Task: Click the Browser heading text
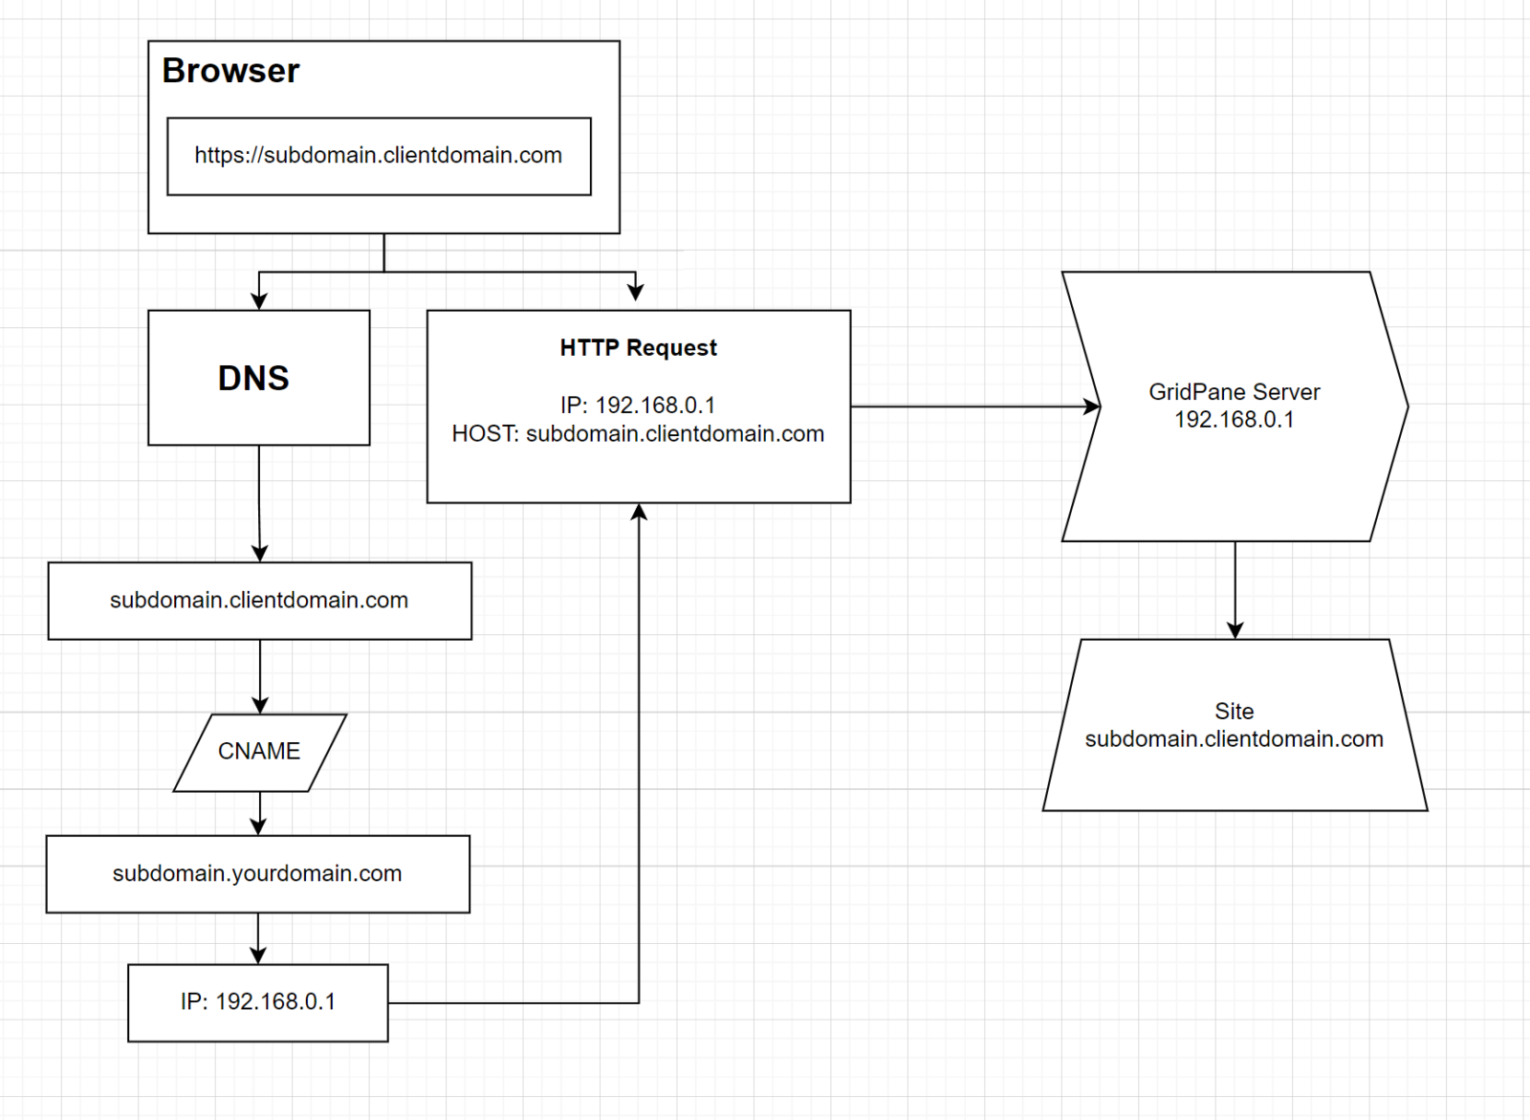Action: click(x=230, y=71)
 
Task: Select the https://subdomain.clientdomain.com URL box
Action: click(x=379, y=156)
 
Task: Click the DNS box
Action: click(x=258, y=378)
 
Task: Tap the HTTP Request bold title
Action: click(x=638, y=347)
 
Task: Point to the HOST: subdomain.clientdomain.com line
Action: click(x=638, y=434)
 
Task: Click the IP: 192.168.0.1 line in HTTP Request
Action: click(x=638, y=406)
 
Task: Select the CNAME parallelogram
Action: click(x=259, y=752)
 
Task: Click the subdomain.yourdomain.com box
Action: click(x=257, y=873)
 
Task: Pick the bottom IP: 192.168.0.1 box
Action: click(x=257, y=1001)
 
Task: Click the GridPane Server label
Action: click(x=1234, y=392)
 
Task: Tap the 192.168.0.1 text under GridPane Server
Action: click(x=1234, y=420)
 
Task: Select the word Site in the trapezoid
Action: click(x=1234, y=712)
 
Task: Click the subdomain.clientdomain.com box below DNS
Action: click(x=259, y=601)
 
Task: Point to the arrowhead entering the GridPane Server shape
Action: click(x=1091, y=406)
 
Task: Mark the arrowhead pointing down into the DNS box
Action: click(x=259, y=301)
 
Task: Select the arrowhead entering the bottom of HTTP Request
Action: click(x=639, y=513)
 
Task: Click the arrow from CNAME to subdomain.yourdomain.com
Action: click(x=258, y=814)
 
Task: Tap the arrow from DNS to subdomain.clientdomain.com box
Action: click(x=259, y=502)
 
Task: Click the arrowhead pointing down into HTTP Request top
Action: click(x=636, y=292)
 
